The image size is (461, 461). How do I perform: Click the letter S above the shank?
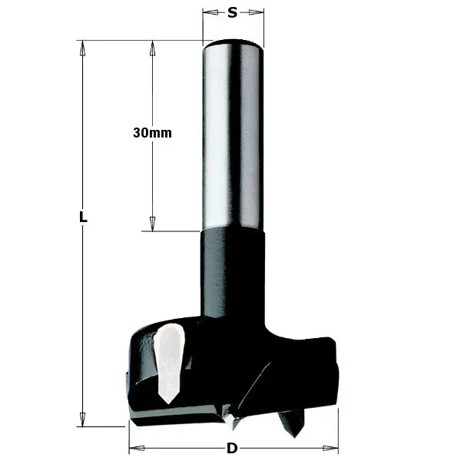click(233, 12)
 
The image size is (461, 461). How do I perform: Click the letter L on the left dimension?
click(83, 217)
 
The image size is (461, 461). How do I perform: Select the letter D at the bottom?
click(231, 448)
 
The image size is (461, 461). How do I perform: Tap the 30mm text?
click(152, 132)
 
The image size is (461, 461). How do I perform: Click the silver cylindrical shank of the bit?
click(233, 138)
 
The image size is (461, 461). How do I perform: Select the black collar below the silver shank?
click(233, 269)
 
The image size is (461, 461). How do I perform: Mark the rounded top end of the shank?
click(233, 44)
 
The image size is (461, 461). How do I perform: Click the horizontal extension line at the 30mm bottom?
click(173, 230)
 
